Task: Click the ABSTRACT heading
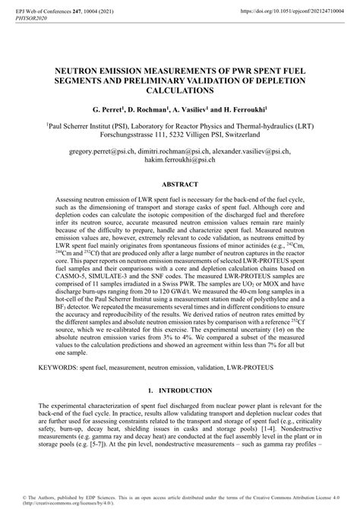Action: pyautogui.click(x=179, y=183)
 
